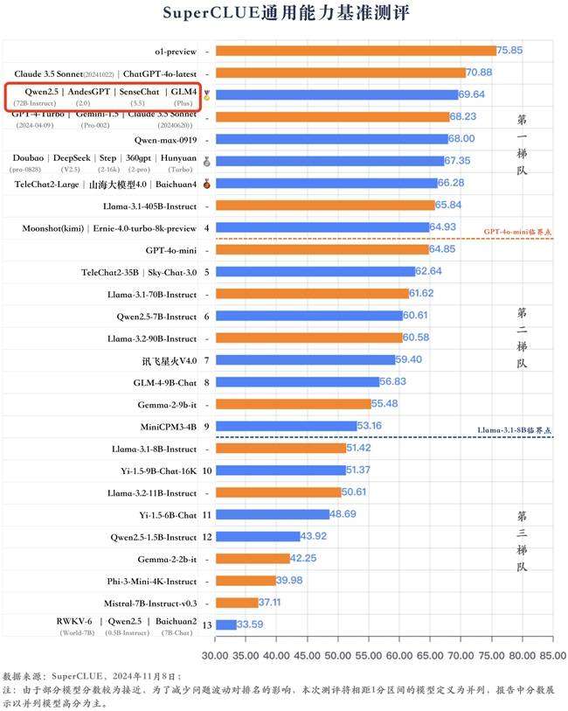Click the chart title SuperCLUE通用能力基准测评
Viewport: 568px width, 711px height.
285,14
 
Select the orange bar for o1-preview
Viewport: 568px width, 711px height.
354,51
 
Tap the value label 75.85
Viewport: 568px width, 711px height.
509,51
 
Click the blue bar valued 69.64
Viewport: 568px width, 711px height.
336,94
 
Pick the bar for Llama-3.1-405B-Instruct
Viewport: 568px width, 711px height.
324,206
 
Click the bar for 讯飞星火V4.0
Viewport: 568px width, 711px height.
304,359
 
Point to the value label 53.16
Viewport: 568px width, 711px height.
371,426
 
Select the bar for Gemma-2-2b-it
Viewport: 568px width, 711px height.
252,558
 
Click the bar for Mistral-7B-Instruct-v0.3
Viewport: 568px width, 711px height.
236,603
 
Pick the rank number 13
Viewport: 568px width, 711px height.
205,624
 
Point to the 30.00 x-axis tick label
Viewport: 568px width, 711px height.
215,654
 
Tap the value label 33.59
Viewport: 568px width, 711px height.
250,624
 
